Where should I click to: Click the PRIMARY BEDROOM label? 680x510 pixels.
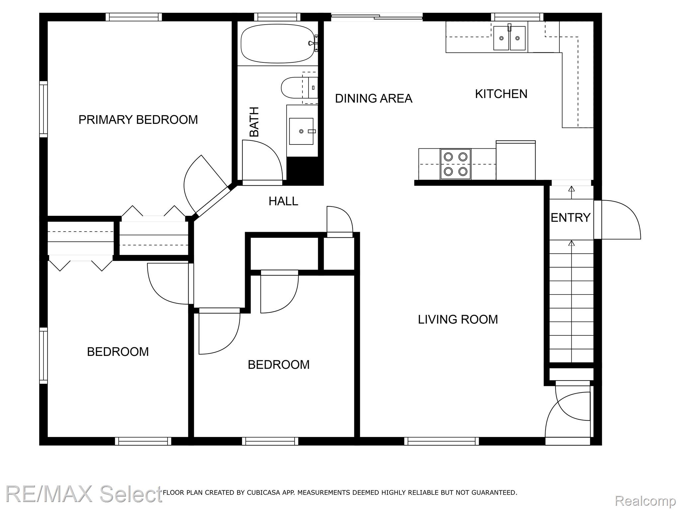click(x=138, y=120)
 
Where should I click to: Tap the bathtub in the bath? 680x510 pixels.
click(x=278, y=43)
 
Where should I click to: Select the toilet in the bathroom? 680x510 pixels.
click(x=299, y=88)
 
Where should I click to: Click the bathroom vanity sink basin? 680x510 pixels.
click(x=301, y=131)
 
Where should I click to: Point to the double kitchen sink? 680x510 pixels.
click(x=509, y=38)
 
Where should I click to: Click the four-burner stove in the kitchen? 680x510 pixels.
click(x=456, y=164)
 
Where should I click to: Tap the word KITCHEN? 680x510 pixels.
click(x=501, y=94)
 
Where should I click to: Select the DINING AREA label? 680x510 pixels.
click(x=374, y=98)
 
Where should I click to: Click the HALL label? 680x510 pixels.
click(x=283, y=201)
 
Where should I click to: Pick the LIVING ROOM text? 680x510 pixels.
click(x=458, y=319)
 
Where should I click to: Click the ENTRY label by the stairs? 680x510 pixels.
click(x=570, y=218)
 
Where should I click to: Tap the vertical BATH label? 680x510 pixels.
click(x=254, y=122)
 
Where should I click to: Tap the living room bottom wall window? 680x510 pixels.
click(x=441, y=441)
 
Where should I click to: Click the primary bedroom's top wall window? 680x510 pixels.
click(x=134, y=17)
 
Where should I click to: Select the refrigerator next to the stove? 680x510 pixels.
click(x=516, y=160)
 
